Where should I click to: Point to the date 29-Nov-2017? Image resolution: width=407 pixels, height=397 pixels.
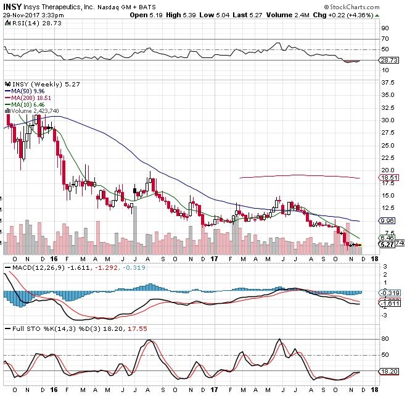point(20,14)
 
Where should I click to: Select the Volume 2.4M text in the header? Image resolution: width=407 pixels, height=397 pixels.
point(303,14)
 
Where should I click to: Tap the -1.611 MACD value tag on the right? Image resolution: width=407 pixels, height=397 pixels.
point(387,304)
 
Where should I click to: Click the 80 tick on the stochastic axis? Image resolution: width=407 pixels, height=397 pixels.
point(383,339)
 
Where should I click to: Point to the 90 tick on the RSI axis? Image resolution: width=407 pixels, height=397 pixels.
point(383,28)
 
